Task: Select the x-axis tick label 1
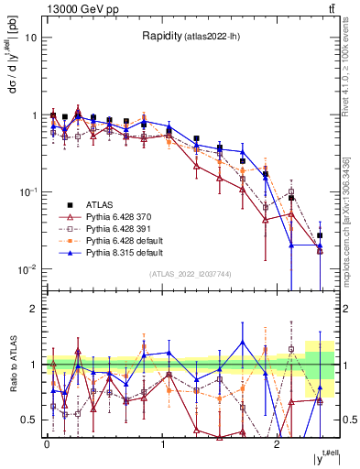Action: pyautogui.click(x=162, y=444)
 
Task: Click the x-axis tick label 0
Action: pyautogui.click(x=47, y=444)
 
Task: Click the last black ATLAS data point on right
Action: pyautogui.click(x=320, y=235)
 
